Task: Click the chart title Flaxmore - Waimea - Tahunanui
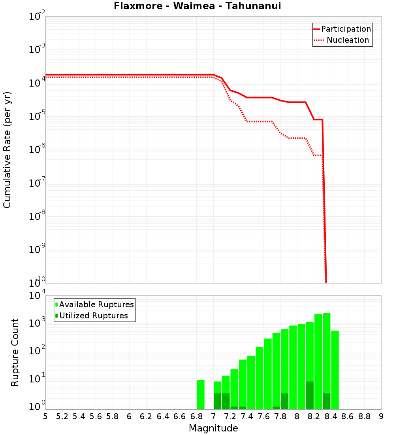pyautogui.click(x=197, y=6)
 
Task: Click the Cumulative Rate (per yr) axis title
pyautogui.click(x=7, y=150)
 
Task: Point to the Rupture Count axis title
pyautogui.click(x=15, y=352)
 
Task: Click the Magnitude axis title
pyautogui.click(x=213, y=428)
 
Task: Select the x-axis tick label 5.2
pyautogui.click(x=62, y=416)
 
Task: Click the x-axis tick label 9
pyautogui.click(x=381, y=416)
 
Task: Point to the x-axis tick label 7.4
pyautogui.click(x=247, y=416)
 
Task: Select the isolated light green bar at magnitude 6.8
pyautogui.click(x=201, y=394)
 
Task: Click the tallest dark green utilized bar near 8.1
pyautogui.click(x=310, y=395)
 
